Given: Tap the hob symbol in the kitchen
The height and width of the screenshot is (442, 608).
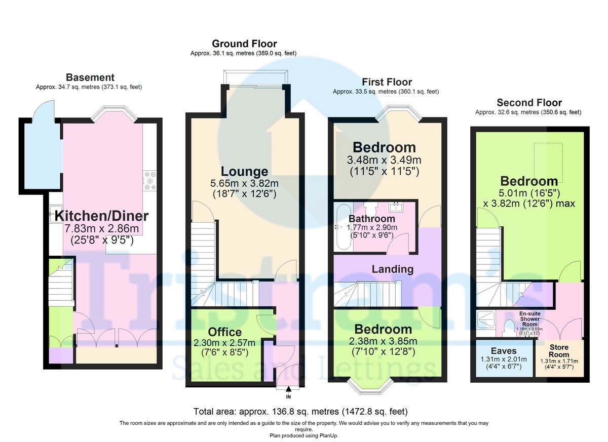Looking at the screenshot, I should tap(149, 181).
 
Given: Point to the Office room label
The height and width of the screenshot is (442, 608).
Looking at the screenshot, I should tap(225, 332).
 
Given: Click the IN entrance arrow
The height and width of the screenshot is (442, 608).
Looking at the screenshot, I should tap(288, 389).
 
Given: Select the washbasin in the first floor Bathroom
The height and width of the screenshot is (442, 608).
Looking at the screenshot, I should tap(396, 207).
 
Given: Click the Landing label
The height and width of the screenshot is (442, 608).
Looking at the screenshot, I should tap(393, 269).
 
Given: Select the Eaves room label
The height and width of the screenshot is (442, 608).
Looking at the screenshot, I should tap(504, 350).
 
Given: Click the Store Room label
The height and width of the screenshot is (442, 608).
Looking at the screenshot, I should tap(559, 351).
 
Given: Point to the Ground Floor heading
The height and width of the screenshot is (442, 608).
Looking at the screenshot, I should tap(244, 44).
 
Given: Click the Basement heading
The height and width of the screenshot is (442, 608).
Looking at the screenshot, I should tap(90, 77).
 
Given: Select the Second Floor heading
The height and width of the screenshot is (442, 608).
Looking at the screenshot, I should tap(529, 103).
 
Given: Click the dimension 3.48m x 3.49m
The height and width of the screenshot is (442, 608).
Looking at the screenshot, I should tap(384, 160).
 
